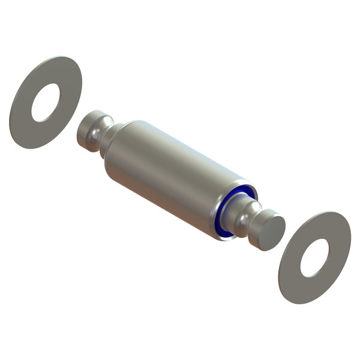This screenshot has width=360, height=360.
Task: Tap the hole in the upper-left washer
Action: pos(46,102)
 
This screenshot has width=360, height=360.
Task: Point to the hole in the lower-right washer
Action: pos(314,258)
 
